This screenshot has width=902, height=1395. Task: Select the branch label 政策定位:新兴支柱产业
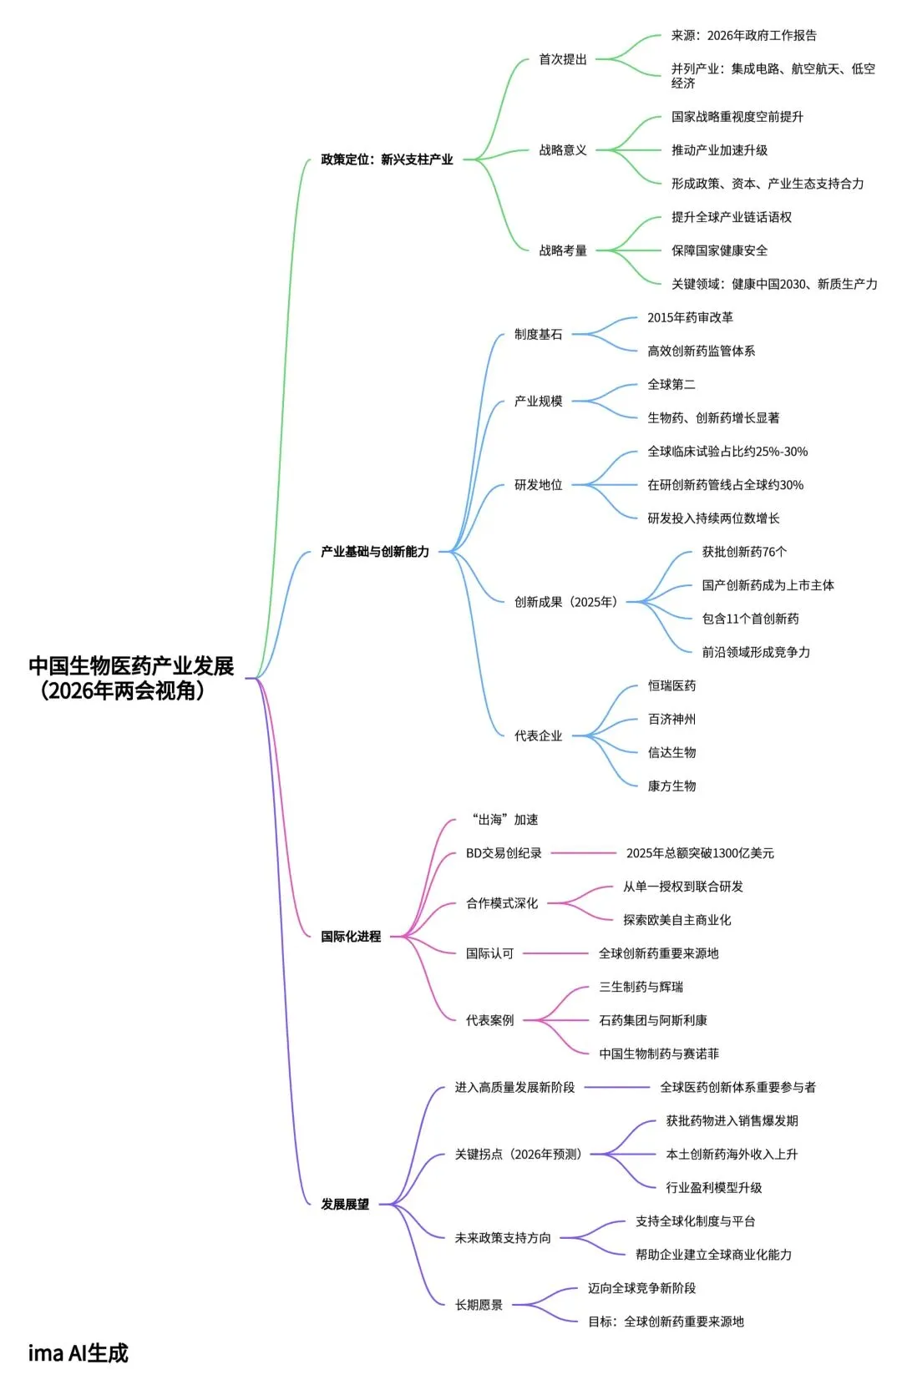pos(387,159)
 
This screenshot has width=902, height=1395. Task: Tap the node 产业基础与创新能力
pos(375,552)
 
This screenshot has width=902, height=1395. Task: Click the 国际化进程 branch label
pos(351,937)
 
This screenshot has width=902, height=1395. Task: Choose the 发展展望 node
pos(345,1204)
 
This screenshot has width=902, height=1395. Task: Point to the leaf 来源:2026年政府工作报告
pos(743,36)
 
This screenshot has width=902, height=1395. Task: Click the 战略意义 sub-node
pos(562,150)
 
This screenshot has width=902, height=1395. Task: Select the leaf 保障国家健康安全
pos(719,250)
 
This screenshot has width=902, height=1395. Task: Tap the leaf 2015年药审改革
pos(690,317)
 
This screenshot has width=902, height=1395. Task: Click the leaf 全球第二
pos(671,384)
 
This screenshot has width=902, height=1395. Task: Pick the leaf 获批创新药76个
pos(744,552)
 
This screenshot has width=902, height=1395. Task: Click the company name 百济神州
pos(671,719)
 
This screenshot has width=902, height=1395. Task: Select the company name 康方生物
pos(671,786)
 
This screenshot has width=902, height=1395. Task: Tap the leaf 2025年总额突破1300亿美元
pos(700,853)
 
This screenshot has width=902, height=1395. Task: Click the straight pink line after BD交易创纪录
pos(583,853)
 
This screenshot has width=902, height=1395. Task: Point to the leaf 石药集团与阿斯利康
pos(653,1020)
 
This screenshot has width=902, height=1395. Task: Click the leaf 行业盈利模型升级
pos(713,1187)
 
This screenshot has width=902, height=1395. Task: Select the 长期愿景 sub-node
pos(479,1305)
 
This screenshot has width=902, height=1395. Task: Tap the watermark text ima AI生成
pos(79,1353)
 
